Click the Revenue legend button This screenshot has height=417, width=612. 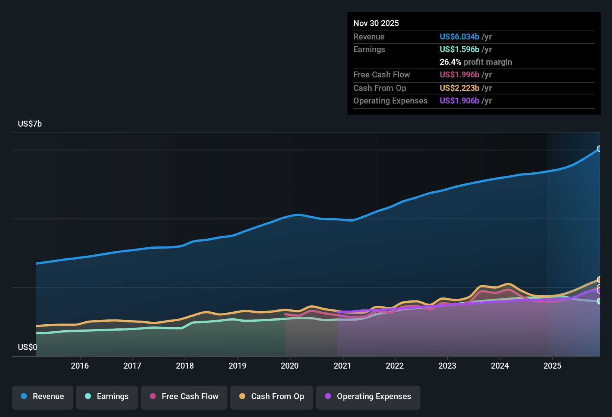click(x=42, y=397)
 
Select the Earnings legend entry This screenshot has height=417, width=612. click(x=107, y=397)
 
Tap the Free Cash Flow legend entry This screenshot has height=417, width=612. click(x=184, y=397)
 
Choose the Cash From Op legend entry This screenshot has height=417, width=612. click(x=272, y=397)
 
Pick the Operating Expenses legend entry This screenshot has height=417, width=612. click(x=368, y=397)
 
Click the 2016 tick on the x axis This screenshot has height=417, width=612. click(x=80, y=366)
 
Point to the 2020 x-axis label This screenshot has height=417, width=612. click(x=290, y=366)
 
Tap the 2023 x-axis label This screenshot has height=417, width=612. click(x=447, y=366)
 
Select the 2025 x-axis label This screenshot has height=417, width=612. click(x=552, y=366)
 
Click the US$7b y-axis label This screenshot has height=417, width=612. click(x=30, y=124)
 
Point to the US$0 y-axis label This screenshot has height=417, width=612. click(x=28, y=347)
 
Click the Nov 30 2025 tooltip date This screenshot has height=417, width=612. click(x=376, y=23)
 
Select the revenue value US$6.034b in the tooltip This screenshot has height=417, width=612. click(x=459, y=37)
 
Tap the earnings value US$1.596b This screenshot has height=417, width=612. click(x=459, y=50)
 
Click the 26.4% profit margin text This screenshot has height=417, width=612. click(x=476, y=62)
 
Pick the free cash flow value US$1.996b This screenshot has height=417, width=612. click(x=459, y=75)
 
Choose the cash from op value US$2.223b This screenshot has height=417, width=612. click(x=459, y=88)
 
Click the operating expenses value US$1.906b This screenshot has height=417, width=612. click(x=459, y=101)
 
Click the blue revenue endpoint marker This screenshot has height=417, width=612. click(x=599, y=149)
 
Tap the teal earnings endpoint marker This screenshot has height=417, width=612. click(x=599, y=301)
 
